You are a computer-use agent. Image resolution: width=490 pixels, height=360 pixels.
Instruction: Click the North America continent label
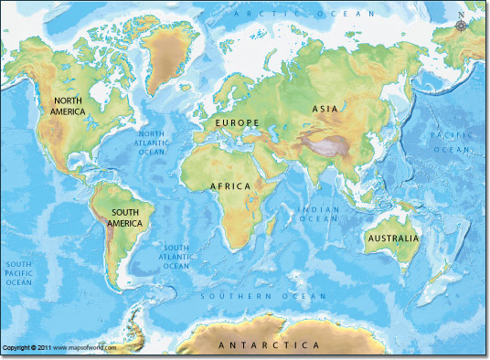(x=69, y=105)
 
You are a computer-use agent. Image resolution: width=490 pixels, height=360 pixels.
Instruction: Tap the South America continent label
(x=126, y=217)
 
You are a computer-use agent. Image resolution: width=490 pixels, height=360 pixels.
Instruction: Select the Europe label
(x=237, y=122)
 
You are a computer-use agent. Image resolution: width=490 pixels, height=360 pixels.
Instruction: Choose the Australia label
(x=393, y=239)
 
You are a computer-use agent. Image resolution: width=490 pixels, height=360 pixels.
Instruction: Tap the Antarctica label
(x=269, y=346)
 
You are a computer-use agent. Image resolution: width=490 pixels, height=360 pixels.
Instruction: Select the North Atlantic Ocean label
(x=152, y=143)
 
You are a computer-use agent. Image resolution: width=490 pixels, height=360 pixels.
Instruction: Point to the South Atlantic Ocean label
(x=176, y=257)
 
